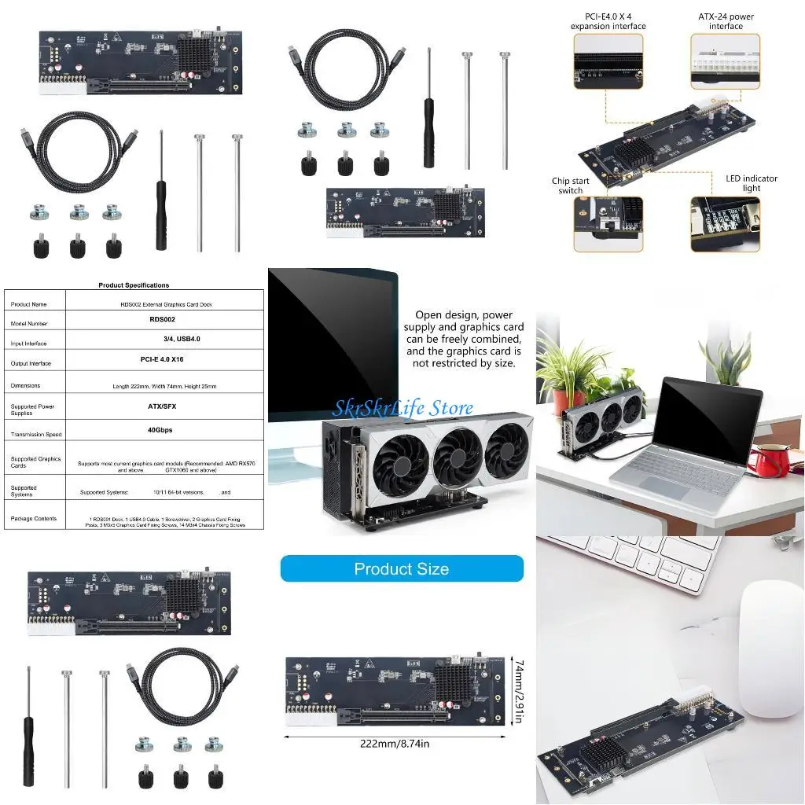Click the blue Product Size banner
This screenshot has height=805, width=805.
point(402,568)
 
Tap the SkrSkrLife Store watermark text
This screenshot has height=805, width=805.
point(402,408)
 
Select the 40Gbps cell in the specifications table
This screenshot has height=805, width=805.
point(160,430)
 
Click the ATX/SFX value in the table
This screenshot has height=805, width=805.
point(160,408)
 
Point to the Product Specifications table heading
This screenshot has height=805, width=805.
point(134,285)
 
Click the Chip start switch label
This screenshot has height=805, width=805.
point(570,186)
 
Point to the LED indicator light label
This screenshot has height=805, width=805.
point(751,183)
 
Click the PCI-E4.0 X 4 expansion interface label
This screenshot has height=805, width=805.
point(608,21)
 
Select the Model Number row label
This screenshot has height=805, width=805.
point(29,324)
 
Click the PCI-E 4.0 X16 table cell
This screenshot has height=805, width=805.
point(161,359)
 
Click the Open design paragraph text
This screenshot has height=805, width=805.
point(464,338)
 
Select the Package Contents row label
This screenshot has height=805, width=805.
point(33,519)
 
